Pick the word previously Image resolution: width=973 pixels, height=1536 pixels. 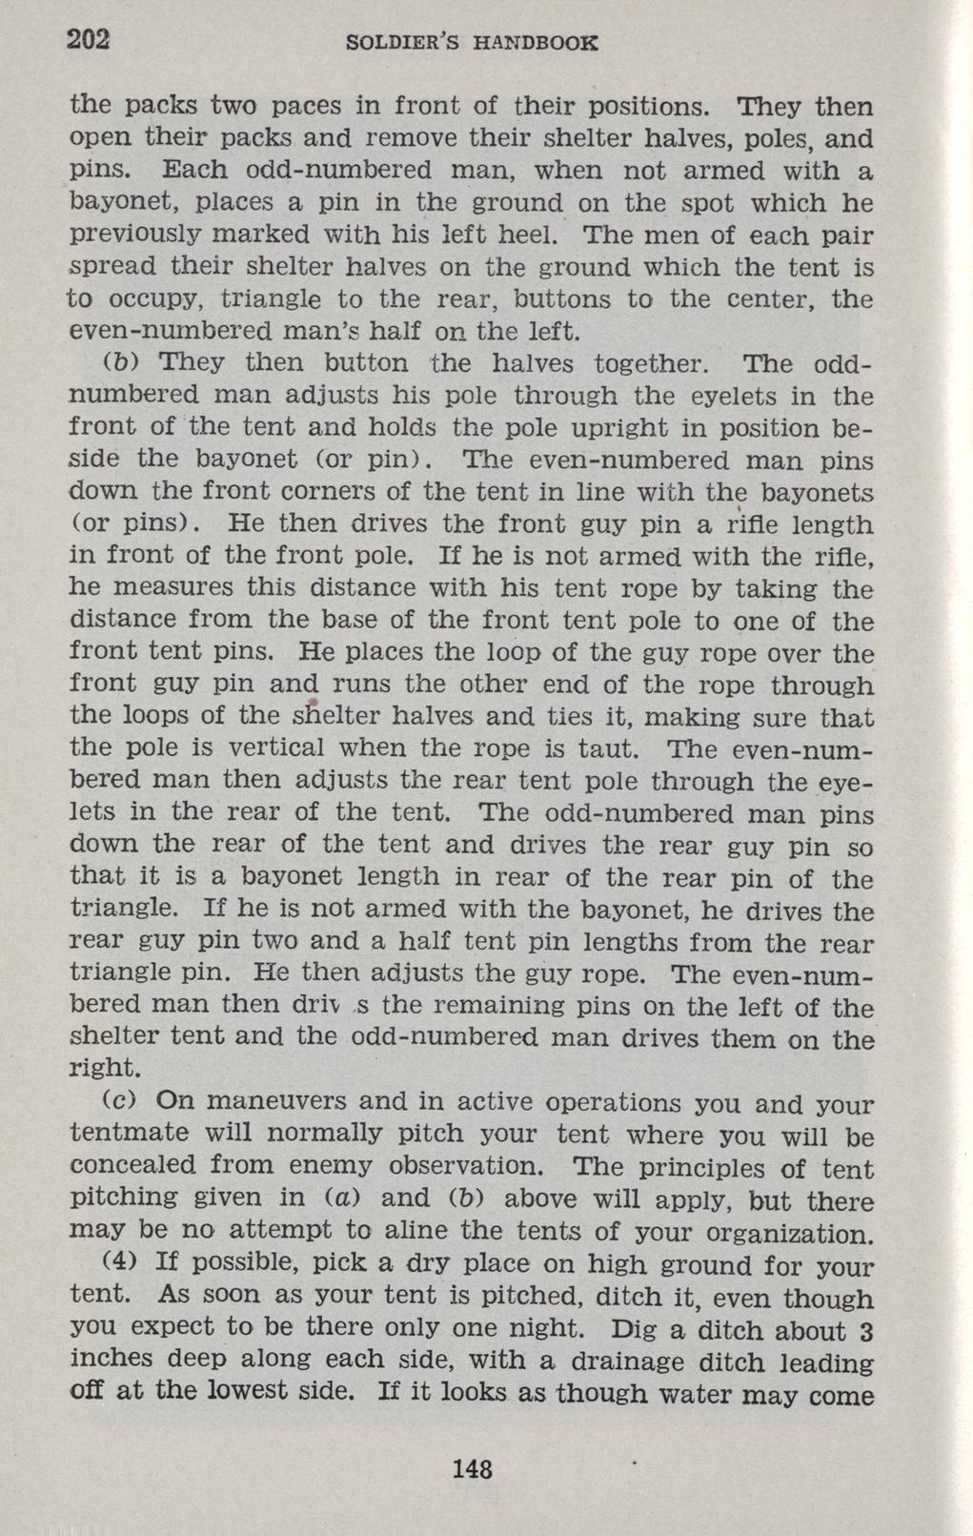pyautogui.click(x=141, y=236)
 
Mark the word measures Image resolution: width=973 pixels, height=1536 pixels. pyautogui.click(x=175, y=588)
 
